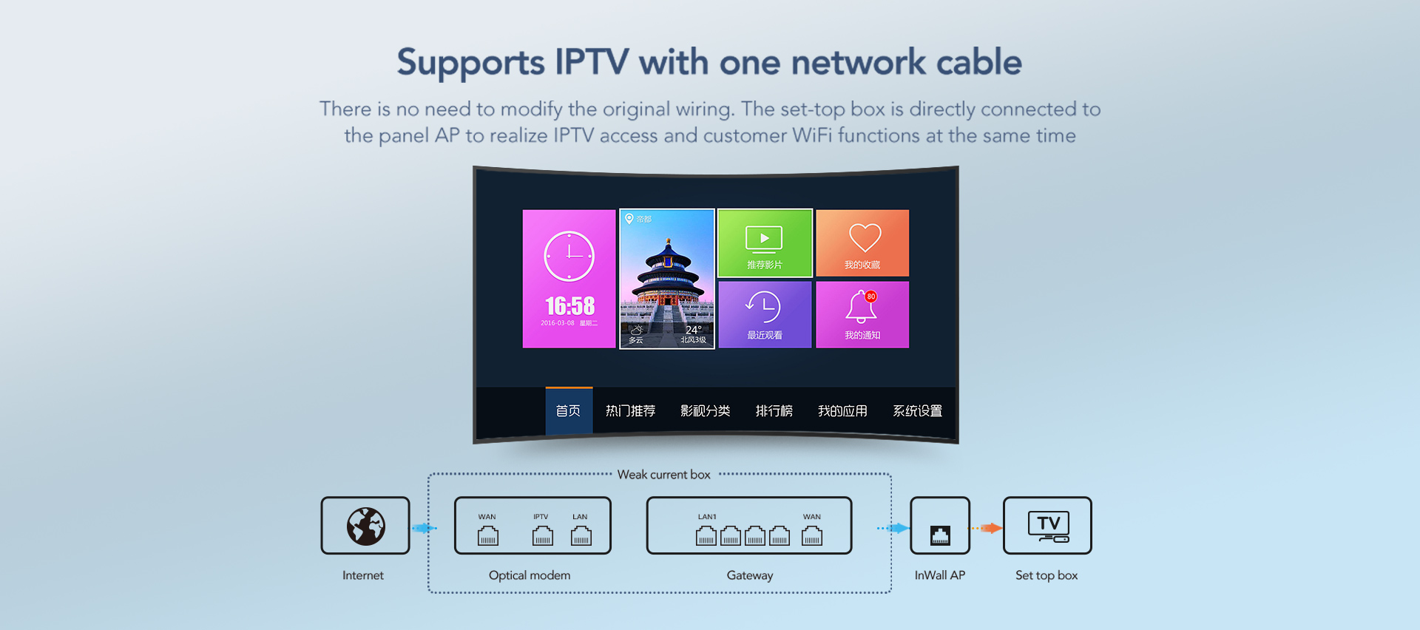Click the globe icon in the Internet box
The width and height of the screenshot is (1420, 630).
[x=365, y=526]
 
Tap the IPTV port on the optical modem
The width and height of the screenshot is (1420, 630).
[x=542, y=535]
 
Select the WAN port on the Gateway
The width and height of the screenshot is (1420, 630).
[x=811, y=535]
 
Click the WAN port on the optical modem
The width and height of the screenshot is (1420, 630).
[x=487, y=535]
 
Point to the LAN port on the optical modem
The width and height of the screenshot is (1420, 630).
[x=581, y=535]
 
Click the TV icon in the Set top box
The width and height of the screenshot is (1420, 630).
[x=1048, y=526]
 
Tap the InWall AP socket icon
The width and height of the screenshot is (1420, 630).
[x=940, y=535]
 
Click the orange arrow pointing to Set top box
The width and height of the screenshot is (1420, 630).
[x=987, y=528]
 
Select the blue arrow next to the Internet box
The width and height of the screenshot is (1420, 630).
[x=425, y=528]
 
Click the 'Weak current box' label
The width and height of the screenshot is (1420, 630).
[x=663, y=475]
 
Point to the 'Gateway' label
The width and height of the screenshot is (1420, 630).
[x=749, y=575]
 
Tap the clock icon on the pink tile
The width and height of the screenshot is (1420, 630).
[x=569, y=257]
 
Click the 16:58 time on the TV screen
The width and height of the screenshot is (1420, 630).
[x=569, y=306]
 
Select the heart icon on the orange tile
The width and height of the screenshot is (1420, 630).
[x=864, y=238]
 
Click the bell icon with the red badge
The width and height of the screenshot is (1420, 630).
[x=861, y=306]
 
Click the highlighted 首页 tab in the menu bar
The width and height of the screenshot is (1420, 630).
[x=568, y=411]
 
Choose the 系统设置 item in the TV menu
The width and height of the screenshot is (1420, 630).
[x=917, y=411]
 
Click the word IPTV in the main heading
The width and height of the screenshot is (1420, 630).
[x=592, y=62]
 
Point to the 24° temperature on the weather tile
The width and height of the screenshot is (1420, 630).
[x=693, y=330]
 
